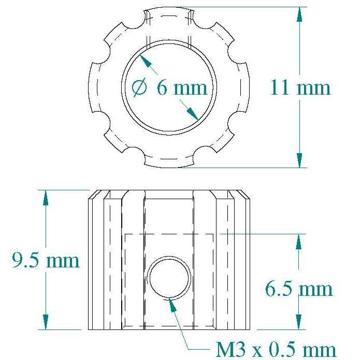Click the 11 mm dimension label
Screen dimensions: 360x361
(x=300, y=87)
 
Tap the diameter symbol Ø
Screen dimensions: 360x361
(x=140, y=88)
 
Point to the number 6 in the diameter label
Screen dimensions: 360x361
(x=162, y=87)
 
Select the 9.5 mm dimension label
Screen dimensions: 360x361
(x=46, y=260)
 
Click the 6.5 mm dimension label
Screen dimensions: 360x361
(x=299, y=288)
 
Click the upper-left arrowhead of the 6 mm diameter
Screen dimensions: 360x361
(x=145, y=60)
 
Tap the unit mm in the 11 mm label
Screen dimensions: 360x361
(x=313, y=88)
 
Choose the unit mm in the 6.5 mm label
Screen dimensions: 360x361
(x=316, y=289)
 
